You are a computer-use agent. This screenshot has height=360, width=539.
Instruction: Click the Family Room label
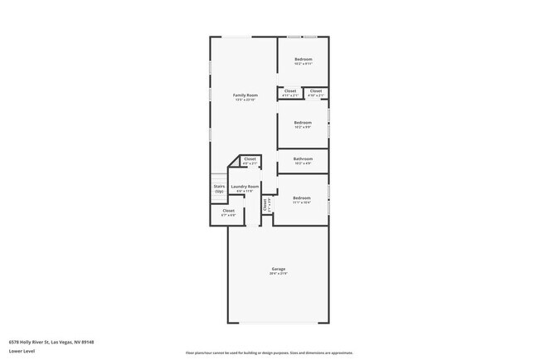245,95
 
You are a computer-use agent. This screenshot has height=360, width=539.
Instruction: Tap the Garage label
278,269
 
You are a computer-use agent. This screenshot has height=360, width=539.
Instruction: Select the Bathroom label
303,158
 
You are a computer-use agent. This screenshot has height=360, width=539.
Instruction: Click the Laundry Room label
245,187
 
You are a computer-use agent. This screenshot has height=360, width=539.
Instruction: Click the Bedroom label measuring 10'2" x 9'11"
303,59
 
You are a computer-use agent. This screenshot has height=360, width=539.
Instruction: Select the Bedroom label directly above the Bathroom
303,122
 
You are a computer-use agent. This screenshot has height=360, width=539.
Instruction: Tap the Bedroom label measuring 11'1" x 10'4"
302,197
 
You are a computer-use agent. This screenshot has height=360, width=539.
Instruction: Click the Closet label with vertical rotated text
266,205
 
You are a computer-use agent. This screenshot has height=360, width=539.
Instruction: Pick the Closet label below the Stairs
228,211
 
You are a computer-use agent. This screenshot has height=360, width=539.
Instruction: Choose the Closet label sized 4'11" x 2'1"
290,90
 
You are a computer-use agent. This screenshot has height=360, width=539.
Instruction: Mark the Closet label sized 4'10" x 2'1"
316,90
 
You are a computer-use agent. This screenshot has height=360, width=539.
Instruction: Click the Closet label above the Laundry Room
250,158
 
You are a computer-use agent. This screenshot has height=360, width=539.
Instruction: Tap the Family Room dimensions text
245,100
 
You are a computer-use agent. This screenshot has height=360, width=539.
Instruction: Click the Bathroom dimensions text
303,163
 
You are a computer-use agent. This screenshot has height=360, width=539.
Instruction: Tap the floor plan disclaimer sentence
269,352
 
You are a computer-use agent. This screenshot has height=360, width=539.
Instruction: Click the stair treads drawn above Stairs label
219,177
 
